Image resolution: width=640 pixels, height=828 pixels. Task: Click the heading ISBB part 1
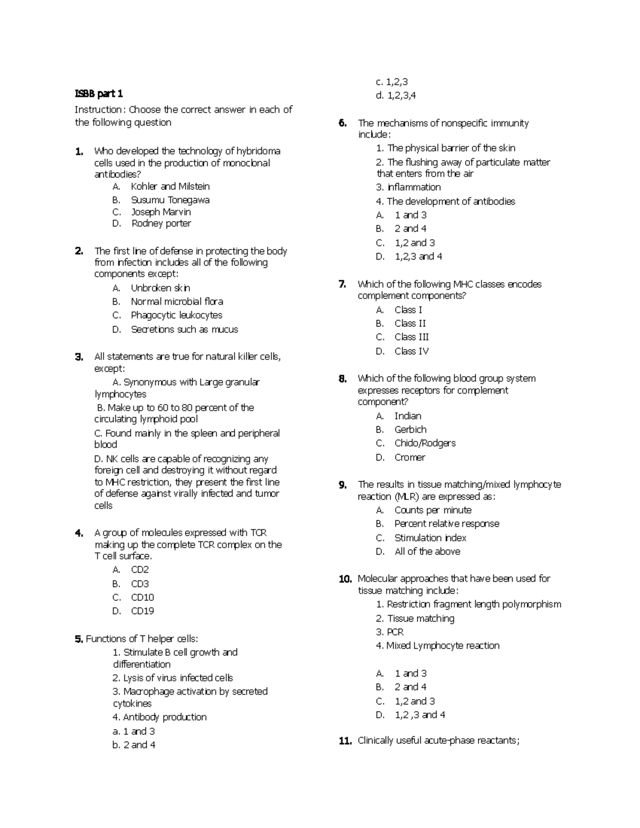pyautogui.click(x=99, y=94)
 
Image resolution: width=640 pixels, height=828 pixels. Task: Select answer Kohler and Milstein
pyautogui.click(x=170, y=187)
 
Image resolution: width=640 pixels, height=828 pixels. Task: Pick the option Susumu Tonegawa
pyautogui.click(x=170, y=200)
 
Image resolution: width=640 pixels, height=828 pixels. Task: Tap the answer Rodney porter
pyautogui.click(x=161, y=223)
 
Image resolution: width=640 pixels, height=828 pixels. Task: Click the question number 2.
pyautogui.click(x=79, y=251)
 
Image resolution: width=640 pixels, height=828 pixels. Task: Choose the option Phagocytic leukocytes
pyautogui.click(x=176, y=315)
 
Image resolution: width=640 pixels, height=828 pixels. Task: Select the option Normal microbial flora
pyautogui.click(x=177, y=301)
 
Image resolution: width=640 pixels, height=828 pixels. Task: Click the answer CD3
pyautogui.click(x=140, y=584)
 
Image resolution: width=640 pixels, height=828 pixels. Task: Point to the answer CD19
pyautogui.click(x=142, y=611)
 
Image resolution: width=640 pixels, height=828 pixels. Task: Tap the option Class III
pyautogui.click(x=411, y=337)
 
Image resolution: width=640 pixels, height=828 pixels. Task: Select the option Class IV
pyautogui.click(x=411, y=351)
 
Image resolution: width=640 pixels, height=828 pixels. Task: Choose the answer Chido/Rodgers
pyautogui.click(x=425, y=443)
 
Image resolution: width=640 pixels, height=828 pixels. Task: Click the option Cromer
pyautogui.click(x=410, y=457)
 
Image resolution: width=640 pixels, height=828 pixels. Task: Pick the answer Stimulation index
pyautogui.click(x=430, y=538)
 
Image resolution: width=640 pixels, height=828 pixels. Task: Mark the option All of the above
pyautogui.click(x=427, y=551)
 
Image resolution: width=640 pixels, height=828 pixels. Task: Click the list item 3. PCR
pyautogui.click(x=389, y=632)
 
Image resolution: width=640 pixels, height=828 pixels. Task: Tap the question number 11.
pyautogui.click(x=345, y=741)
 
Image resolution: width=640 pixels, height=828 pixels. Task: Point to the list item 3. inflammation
pyautogui.click(x=408, y=187)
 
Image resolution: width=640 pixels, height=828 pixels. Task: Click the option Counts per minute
pyautogui.click(x=433, y=510)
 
